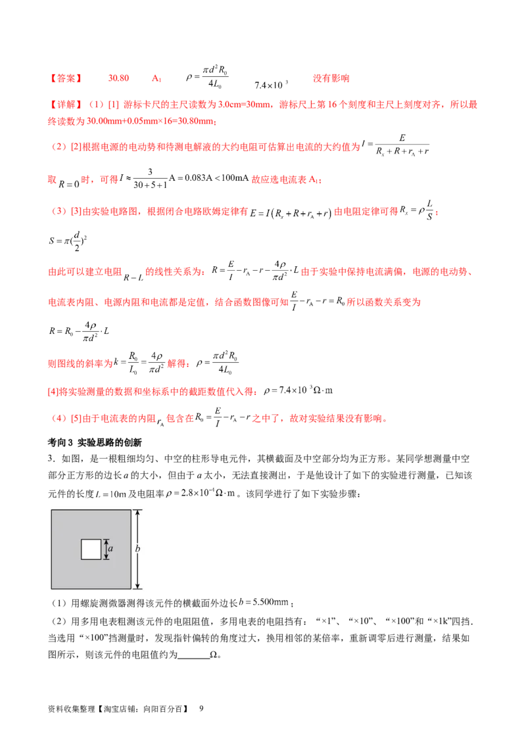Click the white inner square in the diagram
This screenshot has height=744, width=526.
[91, 549]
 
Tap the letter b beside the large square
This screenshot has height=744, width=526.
[138, 549]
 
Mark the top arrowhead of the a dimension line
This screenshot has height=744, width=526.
[105, 540]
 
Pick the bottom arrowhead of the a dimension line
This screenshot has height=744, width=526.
[105, 558]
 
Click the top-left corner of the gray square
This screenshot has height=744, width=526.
[51, 510]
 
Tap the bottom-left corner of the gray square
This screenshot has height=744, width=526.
[51, 589]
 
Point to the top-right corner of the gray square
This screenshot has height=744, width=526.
[130, 510]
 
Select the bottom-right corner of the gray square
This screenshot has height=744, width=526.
[130, 589]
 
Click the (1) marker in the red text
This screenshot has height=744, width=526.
[97, 105]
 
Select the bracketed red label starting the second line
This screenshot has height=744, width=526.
[65, 105]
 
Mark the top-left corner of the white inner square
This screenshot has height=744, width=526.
[82, 539]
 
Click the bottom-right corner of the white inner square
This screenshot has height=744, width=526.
[101, 559]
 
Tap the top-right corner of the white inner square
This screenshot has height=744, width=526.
[101, 539]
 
